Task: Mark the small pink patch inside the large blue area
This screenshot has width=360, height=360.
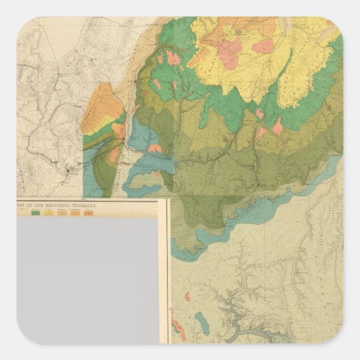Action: (x=155, y=148)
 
